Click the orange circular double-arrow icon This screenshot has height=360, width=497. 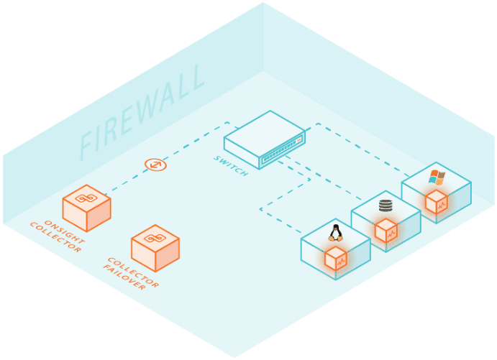[155, 165]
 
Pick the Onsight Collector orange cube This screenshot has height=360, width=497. [86, 206]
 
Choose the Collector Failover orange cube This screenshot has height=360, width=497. [155, 246]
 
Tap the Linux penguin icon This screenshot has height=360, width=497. [335, 232]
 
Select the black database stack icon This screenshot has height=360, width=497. [386, 206]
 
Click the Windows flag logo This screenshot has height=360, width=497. [437, 177]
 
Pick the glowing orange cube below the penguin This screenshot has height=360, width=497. [336, 258]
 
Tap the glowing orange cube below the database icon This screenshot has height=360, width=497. [386, 231]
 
